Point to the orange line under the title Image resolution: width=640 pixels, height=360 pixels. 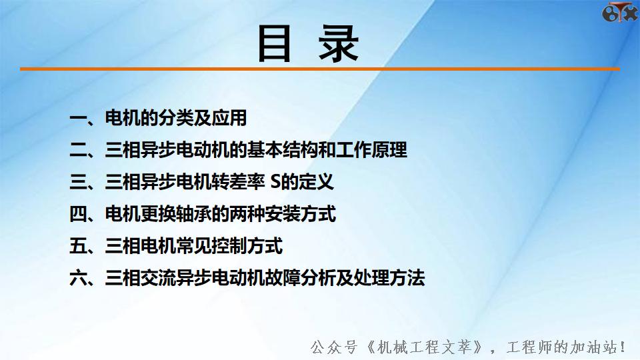coord(320,69)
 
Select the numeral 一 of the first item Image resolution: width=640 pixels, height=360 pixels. coord(79,119)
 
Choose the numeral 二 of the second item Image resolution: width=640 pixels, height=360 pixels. coord(79,151)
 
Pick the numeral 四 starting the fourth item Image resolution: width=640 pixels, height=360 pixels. coord(79,215)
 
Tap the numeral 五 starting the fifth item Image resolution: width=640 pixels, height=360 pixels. coord(79,247)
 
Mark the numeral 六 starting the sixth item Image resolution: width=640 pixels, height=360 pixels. coord(79,279)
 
